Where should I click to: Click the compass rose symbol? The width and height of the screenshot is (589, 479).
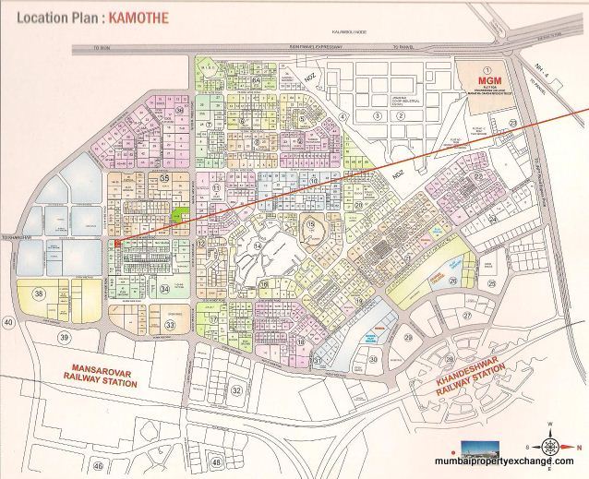[x=549, y=437]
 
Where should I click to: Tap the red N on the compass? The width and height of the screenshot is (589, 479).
[x=549, y=424]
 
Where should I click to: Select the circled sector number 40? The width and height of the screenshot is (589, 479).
[x=9, y=321]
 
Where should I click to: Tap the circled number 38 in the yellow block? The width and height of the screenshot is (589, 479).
[x=38, y=293]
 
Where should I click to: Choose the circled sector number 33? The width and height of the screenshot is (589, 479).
[x=170, y=325]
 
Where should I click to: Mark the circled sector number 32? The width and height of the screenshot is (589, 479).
[x=237, y=390]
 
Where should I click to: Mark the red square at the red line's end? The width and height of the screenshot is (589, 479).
[x=117, y=243]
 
